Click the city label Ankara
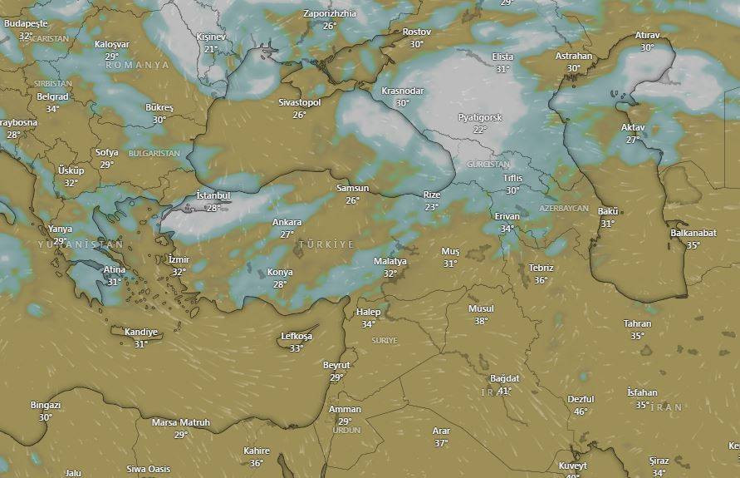287,222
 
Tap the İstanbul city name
213,195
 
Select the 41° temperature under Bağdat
505,390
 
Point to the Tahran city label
637,323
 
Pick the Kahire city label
256,451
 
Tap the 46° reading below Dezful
581,411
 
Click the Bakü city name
608,211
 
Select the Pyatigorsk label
480,117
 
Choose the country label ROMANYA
137,65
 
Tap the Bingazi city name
46,405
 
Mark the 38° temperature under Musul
481,321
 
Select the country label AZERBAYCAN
564,208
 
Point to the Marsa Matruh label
181,422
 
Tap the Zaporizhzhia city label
330,13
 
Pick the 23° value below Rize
432,207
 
